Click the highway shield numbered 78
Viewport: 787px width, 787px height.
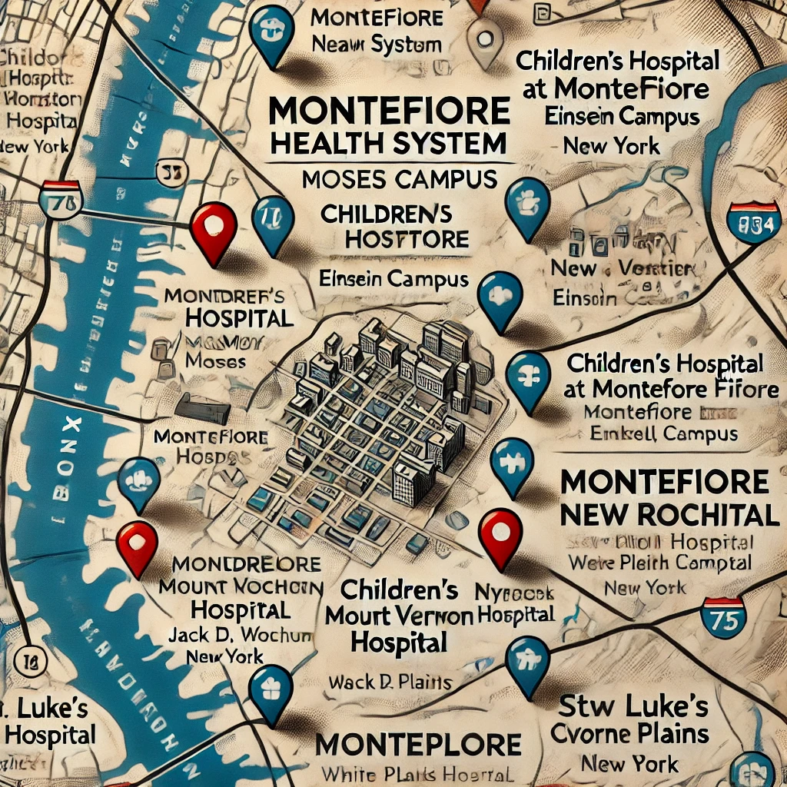pos(60,201)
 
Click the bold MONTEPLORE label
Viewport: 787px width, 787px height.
pos(419,744)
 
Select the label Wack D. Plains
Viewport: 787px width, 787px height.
pos(390,681)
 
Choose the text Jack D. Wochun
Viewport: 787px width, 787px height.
pos(241,635)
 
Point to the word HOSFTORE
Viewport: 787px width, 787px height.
pos(407,239)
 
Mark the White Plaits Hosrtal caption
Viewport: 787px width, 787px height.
pos(417,774)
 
